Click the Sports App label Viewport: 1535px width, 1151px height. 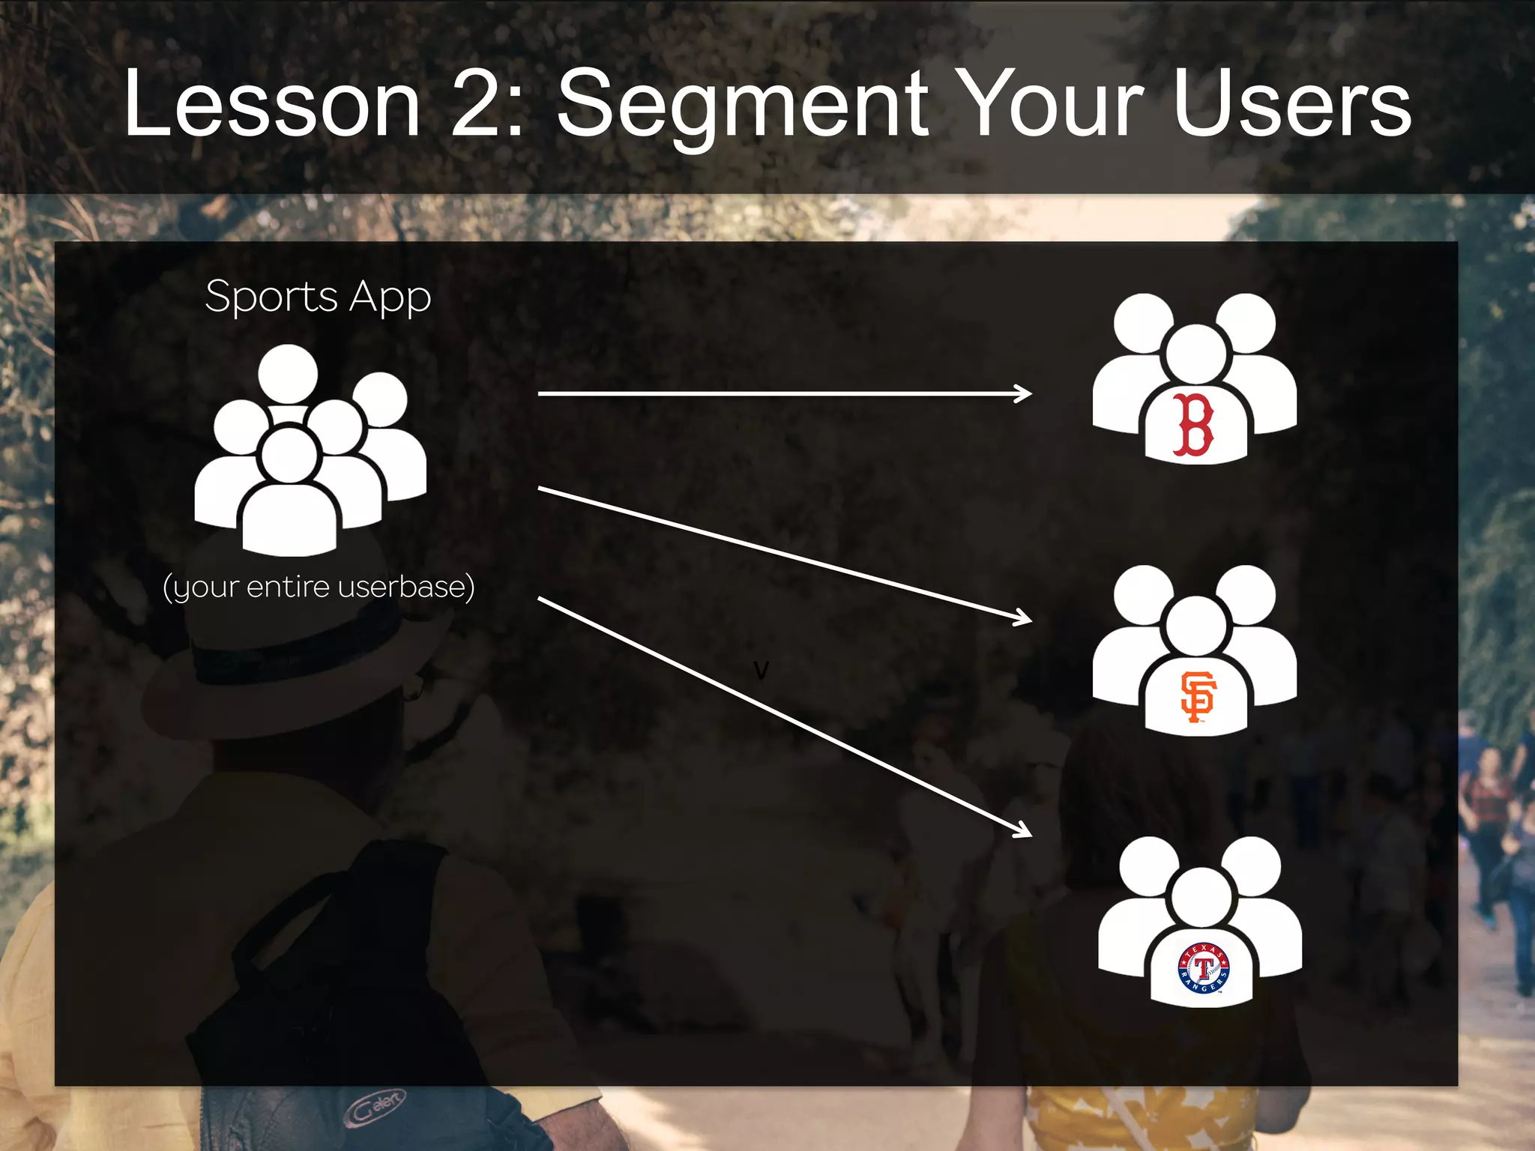tap(318, 297)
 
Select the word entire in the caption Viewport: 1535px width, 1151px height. tap(288, 587)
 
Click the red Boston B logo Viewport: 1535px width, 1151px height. tap(1193, 424)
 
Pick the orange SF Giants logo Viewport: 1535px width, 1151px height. tap(1197, 696)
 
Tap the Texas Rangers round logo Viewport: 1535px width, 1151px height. tap(1204, 968)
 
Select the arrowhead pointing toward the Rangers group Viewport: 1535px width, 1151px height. tap(1024, 830)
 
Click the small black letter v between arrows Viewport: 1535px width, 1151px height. tap(761, 670)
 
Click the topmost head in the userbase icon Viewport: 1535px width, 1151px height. tap(288, 374)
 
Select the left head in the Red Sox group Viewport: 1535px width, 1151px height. tap(1143, 323)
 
